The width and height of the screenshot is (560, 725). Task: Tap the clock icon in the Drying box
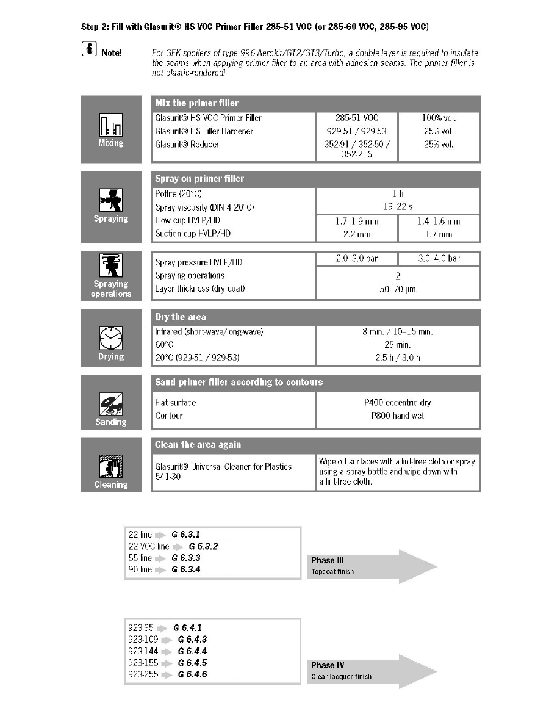111,337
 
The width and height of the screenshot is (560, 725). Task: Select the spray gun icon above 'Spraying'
110,200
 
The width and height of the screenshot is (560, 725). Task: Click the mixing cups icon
110,126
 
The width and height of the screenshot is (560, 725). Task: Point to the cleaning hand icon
110,469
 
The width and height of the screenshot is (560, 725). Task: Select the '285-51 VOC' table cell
357,118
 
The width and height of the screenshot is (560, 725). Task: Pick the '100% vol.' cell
439,118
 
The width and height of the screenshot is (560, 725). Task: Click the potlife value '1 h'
398,193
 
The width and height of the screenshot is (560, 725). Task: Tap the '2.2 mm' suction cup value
357,234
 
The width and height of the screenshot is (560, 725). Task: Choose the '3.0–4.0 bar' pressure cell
439,259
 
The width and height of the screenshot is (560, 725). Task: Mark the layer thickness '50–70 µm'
398,289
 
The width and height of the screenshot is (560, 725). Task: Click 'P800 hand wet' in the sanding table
398,416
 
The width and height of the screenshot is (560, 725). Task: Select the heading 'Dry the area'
181,317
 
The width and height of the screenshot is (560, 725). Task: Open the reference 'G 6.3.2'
203,546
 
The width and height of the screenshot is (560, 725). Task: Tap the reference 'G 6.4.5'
192,663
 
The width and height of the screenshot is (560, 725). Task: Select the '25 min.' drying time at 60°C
398,345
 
